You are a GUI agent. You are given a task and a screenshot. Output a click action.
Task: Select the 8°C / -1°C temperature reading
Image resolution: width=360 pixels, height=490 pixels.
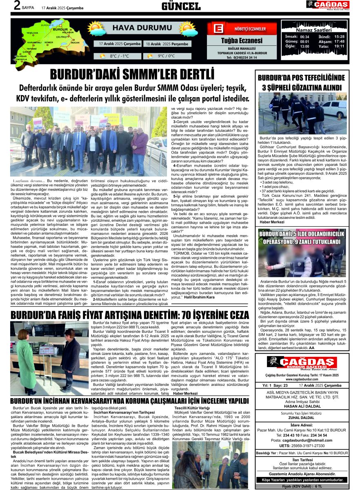click(x=119, y=56)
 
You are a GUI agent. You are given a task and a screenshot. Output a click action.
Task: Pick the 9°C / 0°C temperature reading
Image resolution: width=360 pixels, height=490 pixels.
click(x=167, y=56)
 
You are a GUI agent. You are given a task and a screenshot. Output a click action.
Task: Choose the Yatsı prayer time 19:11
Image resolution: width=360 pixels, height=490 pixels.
click(x=339, y=46)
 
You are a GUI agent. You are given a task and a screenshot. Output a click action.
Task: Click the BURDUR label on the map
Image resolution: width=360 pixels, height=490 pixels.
click(x=60, y=29)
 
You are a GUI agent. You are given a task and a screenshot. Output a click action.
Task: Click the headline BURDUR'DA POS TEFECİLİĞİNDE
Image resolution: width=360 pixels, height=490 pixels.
click(x=302, y=78)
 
